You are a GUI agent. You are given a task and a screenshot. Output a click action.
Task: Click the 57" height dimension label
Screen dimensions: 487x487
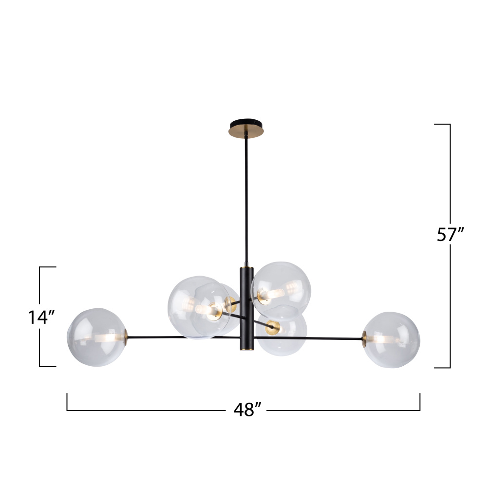[450, 235]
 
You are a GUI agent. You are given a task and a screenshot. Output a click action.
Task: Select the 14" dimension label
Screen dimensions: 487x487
[41, 317]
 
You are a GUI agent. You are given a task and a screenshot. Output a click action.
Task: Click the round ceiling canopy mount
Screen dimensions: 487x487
[246, 128]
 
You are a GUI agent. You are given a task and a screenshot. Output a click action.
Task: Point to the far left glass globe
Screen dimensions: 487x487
[97, 337]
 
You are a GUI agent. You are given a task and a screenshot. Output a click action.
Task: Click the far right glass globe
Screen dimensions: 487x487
[392, 340]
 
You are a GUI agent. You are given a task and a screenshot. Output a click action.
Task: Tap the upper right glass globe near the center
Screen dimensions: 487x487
[281, 291]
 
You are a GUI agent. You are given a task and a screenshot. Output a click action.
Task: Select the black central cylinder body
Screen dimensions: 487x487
[246, 309]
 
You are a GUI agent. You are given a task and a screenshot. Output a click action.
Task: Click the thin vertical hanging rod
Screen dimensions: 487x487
[246, 200]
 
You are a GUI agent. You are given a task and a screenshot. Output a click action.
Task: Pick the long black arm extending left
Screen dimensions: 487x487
[183, 337]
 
